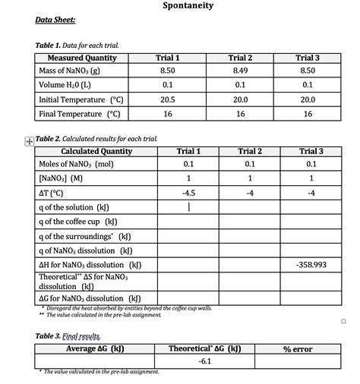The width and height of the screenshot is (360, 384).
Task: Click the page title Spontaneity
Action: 188,6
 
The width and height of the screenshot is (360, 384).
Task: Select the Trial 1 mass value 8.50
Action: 167,71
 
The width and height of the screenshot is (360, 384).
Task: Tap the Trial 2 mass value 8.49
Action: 240,71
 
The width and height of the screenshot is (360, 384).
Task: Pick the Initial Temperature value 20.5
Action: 167,99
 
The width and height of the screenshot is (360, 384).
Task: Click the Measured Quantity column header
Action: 82,58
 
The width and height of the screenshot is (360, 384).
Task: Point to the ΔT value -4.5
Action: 188,192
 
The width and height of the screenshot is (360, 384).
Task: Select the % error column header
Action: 298,348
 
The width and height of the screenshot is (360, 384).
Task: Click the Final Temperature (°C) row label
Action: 81,114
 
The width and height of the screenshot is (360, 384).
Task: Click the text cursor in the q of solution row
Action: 188,207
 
